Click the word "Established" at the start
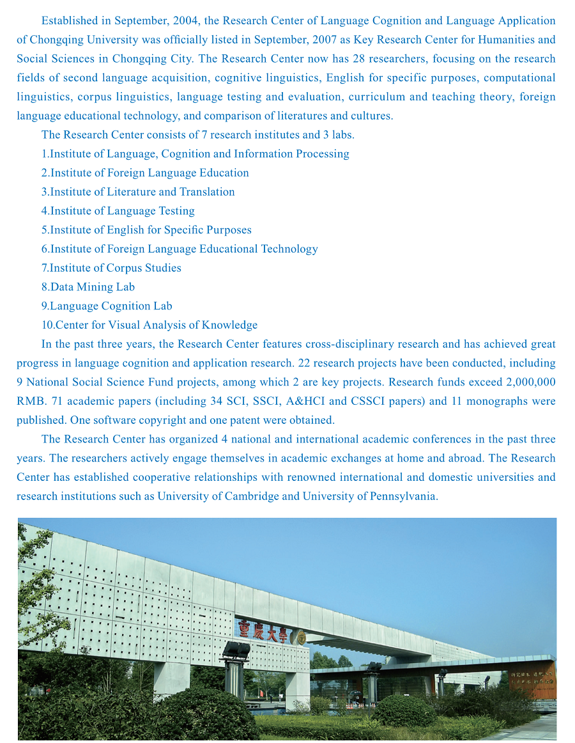pyautogui.click(x=70, y=21)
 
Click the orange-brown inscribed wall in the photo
pyautogui.click(x=532, y=680)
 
